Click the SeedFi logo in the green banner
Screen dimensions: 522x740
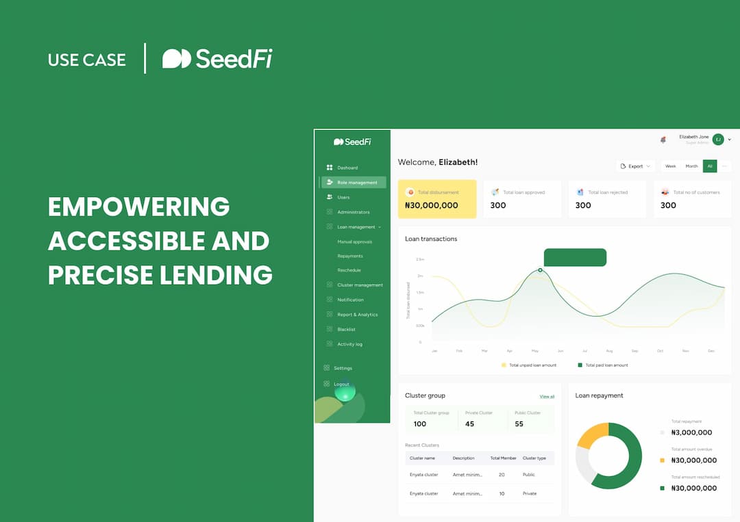coord(217,59)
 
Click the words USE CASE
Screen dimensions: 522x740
coord(87,60)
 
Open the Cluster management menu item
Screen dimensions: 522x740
coord(360,285)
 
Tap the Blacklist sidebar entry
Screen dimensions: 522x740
coord(346,330)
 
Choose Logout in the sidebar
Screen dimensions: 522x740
coord(341,384)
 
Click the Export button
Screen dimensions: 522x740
coord(635,166)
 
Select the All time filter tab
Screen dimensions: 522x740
coord(710,166)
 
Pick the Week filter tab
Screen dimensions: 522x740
coord(670,166)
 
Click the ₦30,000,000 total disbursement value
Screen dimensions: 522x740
coord(431,205)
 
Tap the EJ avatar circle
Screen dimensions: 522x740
coord(718,140)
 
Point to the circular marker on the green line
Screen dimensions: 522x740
coord(540,270)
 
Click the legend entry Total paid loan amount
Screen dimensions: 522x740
coord(603,365)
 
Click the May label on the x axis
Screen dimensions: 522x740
coord(534,351)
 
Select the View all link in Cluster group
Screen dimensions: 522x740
coord(547,397)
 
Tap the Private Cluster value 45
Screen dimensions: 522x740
coord(469,424)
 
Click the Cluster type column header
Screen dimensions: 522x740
coord(534,458)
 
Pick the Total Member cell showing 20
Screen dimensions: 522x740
coord(502,475)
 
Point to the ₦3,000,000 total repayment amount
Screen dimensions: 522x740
coord(691,432)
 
